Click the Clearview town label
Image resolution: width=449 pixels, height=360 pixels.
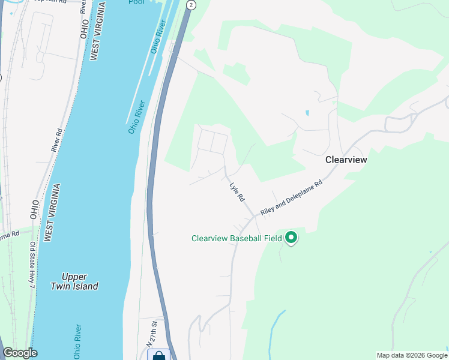coord(346,160)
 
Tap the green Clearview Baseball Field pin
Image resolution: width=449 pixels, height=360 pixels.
coord(291,238)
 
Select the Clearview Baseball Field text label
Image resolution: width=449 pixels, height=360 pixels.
coord(237,238)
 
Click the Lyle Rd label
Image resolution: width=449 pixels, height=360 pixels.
coord(237,191)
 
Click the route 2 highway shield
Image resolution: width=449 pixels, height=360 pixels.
coord(191,5)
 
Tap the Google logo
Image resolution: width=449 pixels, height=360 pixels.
coord(20,353)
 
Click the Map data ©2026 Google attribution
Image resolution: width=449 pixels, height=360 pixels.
coord(411,355)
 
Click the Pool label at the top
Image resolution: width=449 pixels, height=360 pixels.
coord(137,2)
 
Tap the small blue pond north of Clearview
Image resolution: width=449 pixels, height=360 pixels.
coord(307,112)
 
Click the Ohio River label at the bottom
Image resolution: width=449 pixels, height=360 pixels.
coord(77,342)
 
